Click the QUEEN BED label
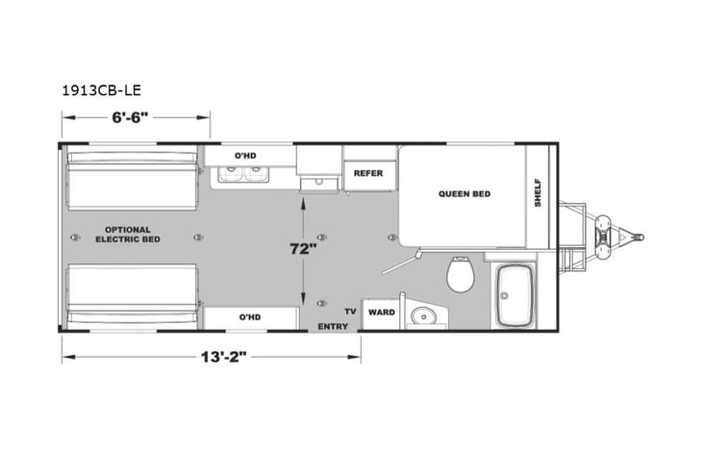tap(464, 193)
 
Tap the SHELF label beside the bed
tap(538, 192)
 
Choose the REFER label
tap(368, 173)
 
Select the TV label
tap(350, 313)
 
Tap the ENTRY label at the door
tap(333, 327)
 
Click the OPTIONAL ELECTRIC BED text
tap(127, 234)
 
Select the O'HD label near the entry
tap(250, 317)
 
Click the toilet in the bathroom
tap(461, 276)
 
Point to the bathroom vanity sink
tap(420, 314)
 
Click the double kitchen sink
tap(241, 174)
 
